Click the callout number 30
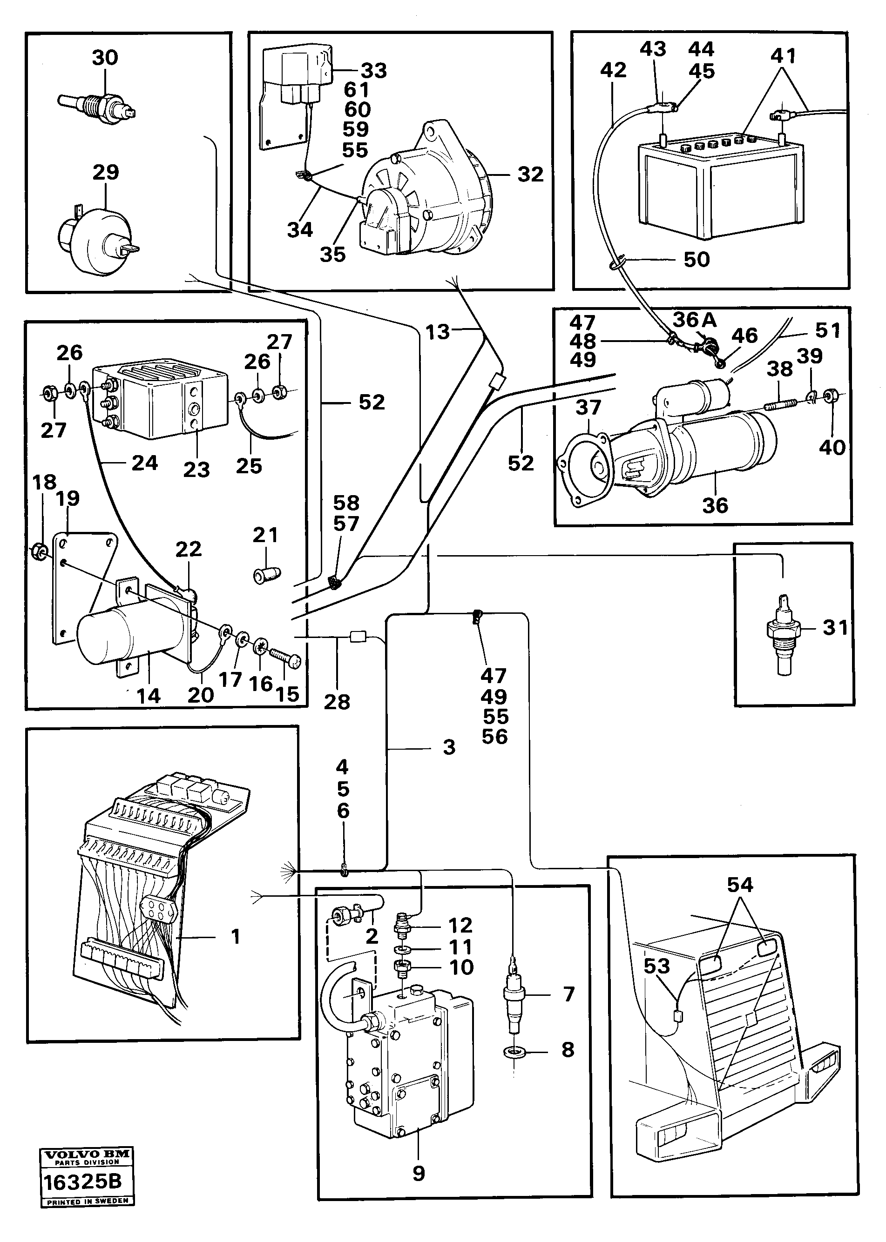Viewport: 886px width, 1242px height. pyautogui.click(x=105, y=58)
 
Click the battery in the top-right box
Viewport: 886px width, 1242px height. pyautogui.click(x=720, y=185)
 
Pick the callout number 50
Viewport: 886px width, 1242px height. pyautogui.click(x=697, y=260)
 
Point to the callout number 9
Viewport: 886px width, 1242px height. pyautogui.click(x=419, y=1173)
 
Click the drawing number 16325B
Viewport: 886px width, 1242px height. pyautogui.click(x=82, y=1182)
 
